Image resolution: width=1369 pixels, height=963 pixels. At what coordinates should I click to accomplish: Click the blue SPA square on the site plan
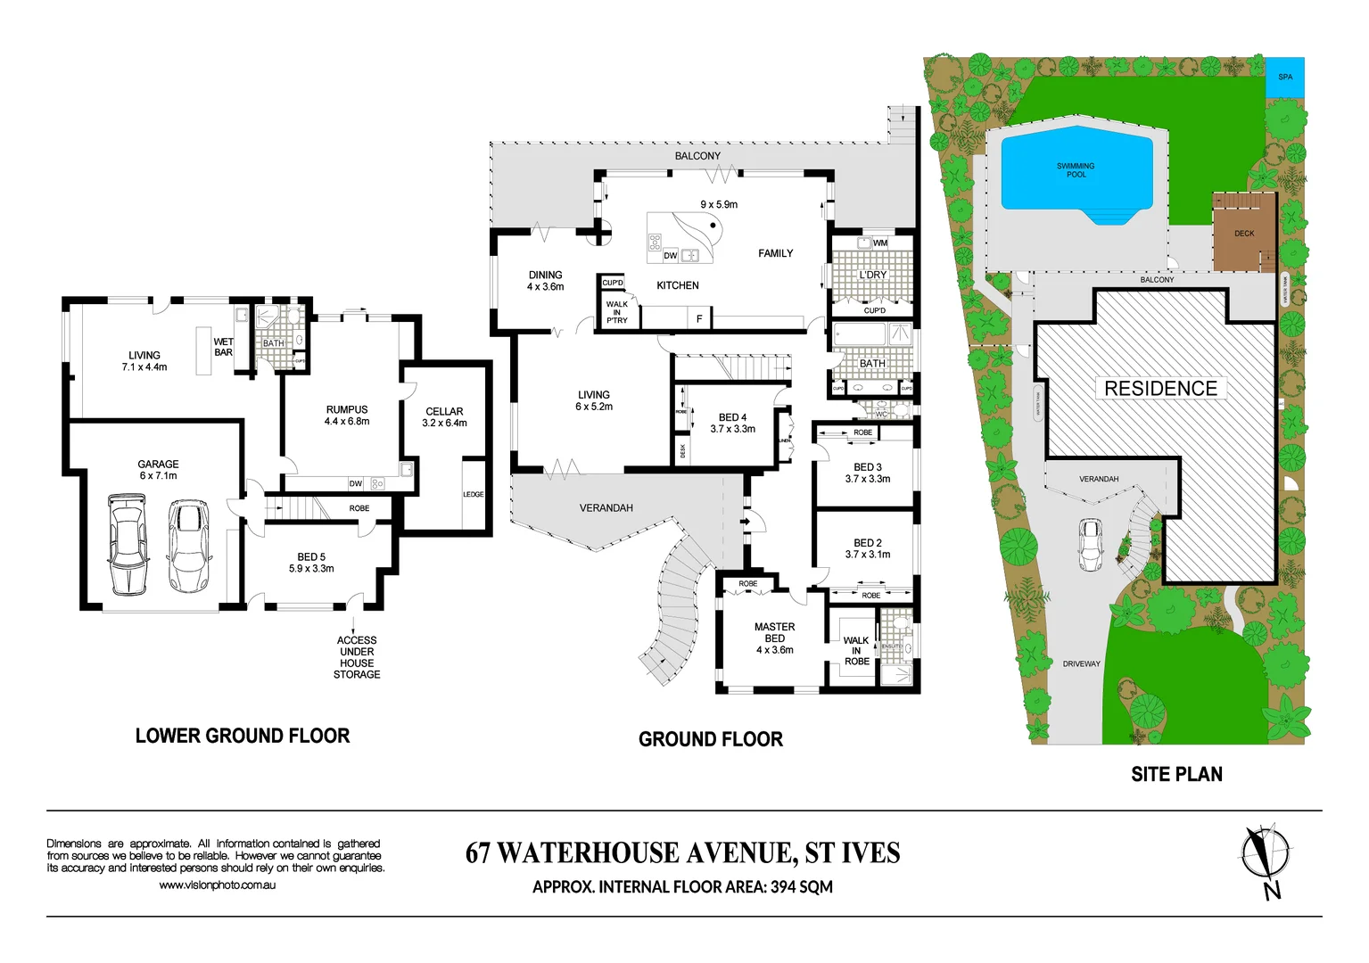[x=1285, y=77]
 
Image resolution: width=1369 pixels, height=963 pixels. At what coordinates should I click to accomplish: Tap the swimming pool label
[x=1076, y=170]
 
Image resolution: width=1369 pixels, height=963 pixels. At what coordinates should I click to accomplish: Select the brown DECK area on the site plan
[x=1243, y=234]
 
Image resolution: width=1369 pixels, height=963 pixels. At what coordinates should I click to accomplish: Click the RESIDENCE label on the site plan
[x=1160, y=389]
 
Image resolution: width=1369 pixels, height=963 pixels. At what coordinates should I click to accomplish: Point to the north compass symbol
[x=1264, y=853]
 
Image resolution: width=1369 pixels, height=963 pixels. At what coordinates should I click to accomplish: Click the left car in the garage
[x=128, y=544]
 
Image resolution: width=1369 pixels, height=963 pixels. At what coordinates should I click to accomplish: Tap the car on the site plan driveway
[x=1090, y=544]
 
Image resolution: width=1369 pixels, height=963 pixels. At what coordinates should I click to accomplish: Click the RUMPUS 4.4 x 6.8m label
[x=347, y=416]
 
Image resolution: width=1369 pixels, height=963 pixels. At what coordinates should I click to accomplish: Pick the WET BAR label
[x=223, y=347]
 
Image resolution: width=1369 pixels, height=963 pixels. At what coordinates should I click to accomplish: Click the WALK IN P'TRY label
[x=617, y=312]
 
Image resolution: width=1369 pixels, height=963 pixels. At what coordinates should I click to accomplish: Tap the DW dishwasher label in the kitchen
[x=671, y=256]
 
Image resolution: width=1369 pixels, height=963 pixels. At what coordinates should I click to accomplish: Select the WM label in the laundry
[x=880, y=243]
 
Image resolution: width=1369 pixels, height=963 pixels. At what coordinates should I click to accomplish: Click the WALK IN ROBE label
[x=856, y=651]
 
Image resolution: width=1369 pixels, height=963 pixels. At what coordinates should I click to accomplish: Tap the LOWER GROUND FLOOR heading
[x=243, y=736]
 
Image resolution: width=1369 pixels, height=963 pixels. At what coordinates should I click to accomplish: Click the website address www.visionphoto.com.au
[x=217, y=885]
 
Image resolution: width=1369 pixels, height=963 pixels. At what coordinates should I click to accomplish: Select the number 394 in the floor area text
[x=783, y=887]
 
